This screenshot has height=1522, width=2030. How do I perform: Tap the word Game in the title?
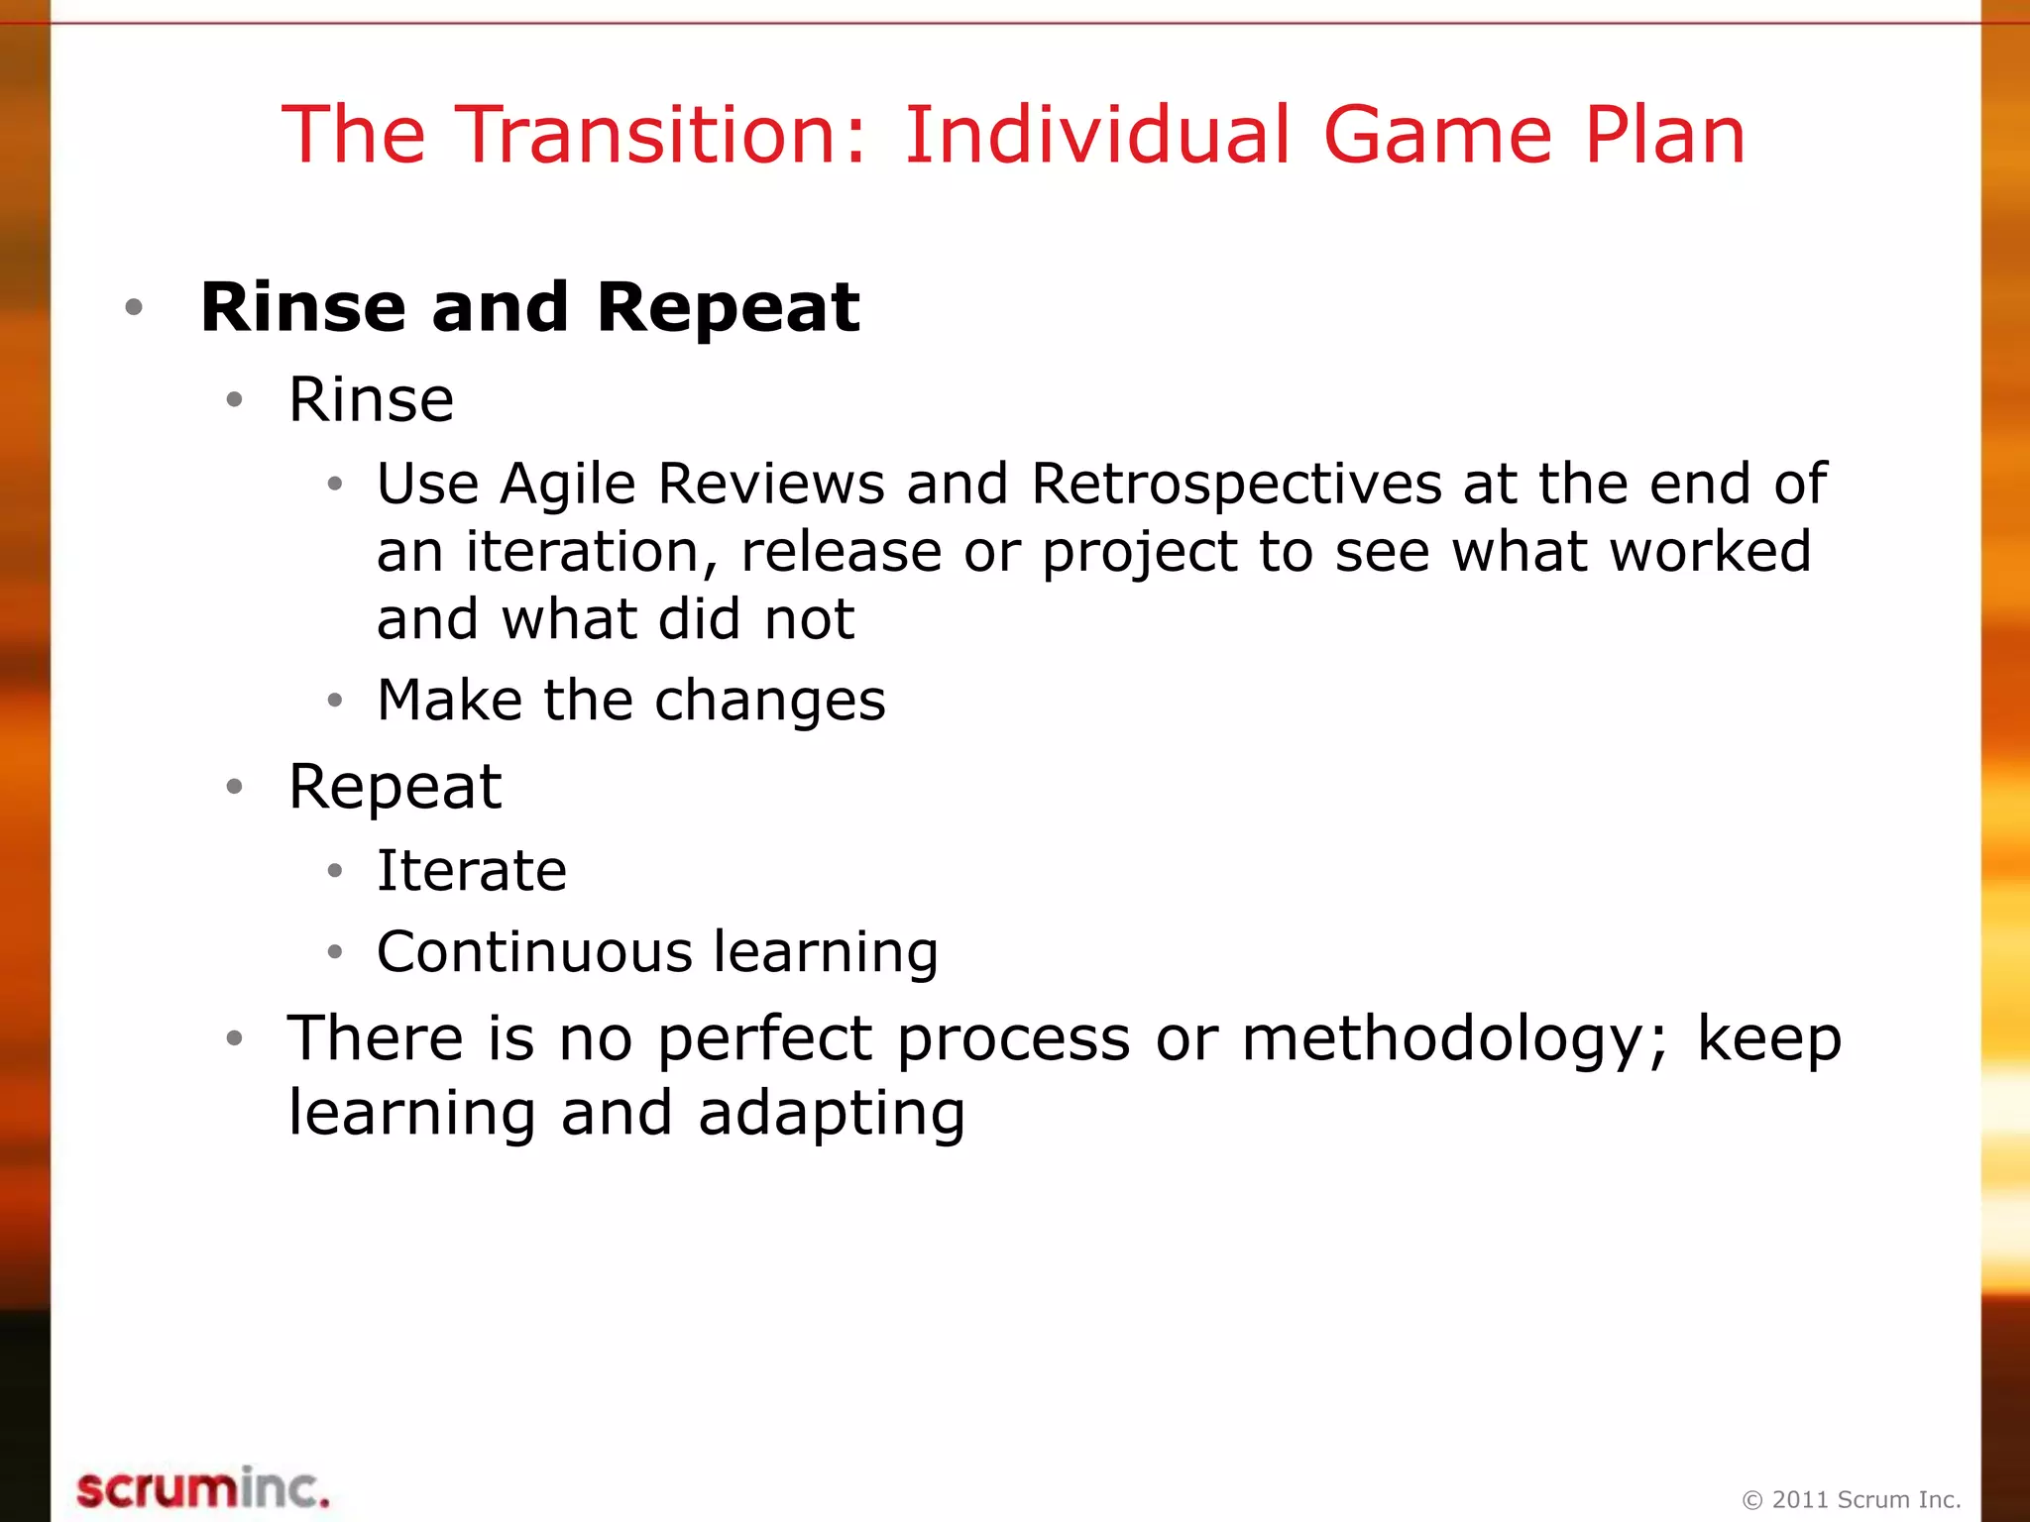(x=1436, y=136)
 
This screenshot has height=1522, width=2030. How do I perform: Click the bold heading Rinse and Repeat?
(x=529, y=307)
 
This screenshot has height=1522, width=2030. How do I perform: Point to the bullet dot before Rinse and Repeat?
(x=135, y=307)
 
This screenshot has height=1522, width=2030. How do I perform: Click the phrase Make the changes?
(x=631, y=701)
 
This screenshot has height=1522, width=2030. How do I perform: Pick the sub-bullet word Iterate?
(x=472, y=871)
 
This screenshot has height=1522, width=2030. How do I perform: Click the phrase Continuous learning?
(x=657, y=952)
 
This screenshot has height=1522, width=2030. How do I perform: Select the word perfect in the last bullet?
(x=765, y=1039)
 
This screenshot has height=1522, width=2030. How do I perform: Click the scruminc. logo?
(x=203, y=1489)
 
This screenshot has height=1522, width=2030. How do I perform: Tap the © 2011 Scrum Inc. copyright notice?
(x=1852, y=1499)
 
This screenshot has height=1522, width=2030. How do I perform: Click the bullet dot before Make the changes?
(x=335, y=701)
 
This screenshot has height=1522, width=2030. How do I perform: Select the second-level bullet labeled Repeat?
(x=395, y=787)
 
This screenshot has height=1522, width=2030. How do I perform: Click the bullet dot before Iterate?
(x=335, y=871)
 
